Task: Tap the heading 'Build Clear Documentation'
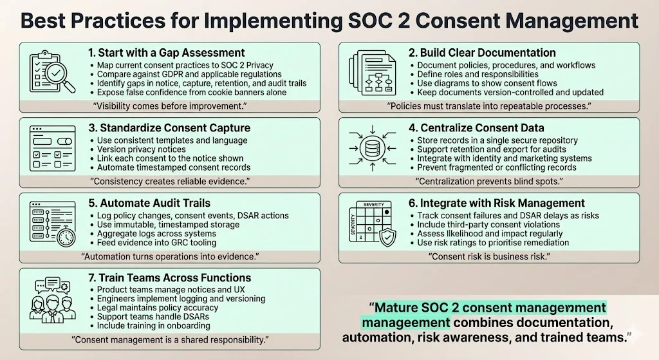point(487,52)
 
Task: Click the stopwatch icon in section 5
point(65,236)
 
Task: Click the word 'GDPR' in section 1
point(169,75)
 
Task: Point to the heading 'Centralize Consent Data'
point(480,127)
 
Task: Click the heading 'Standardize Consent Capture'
point(168,128)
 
